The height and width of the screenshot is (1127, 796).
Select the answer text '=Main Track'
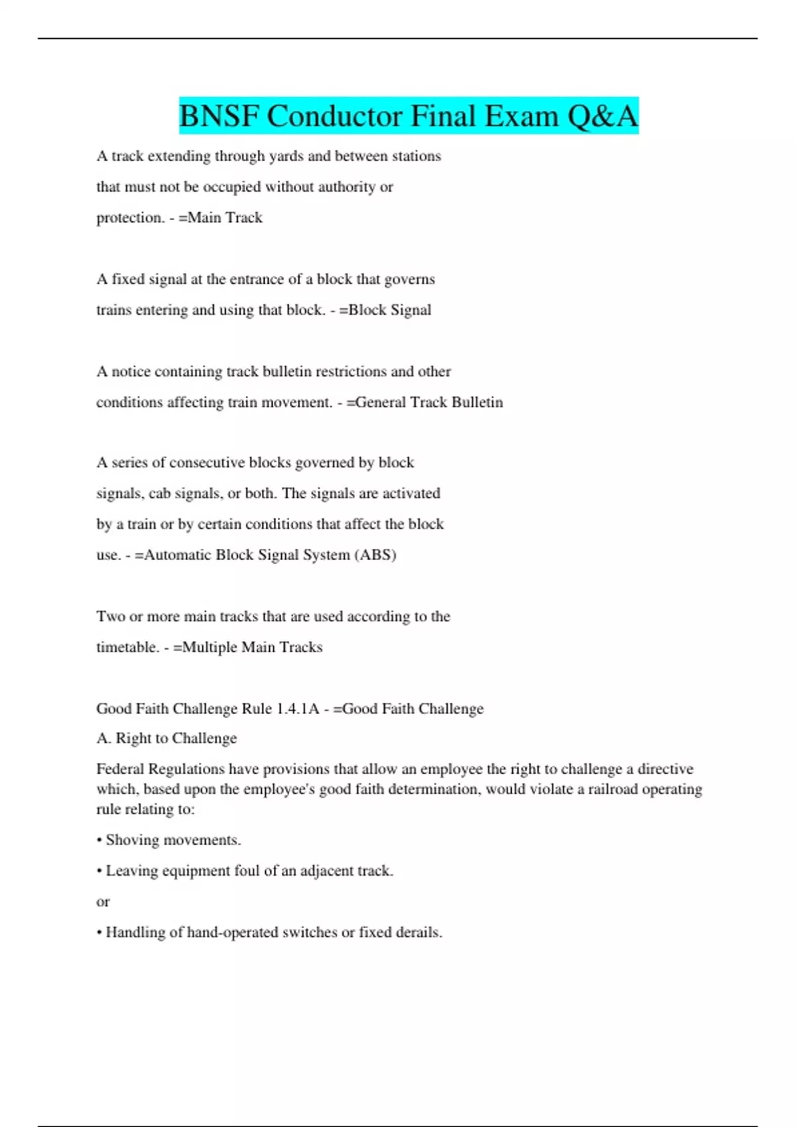point(220,217)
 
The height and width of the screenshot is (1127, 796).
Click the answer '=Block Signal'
point(385,310)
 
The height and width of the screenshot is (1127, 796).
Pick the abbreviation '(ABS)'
point(375,554)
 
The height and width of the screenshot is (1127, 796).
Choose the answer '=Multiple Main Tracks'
point(247,647)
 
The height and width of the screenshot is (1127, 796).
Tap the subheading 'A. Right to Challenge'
point(166,738)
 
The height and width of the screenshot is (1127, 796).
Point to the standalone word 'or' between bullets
point(103,902)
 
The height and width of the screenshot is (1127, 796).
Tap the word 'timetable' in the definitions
point(127,647)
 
